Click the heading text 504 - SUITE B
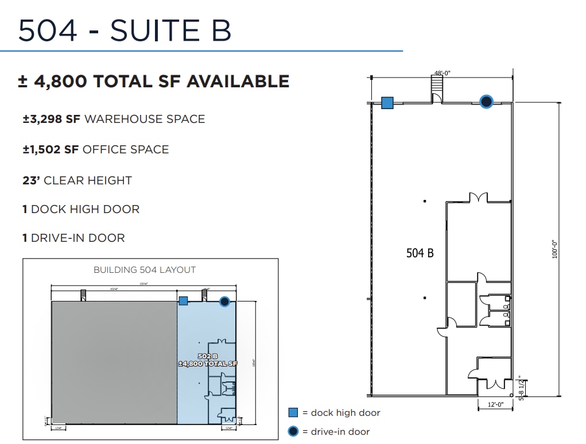pyautogui.click(x=125, y=30)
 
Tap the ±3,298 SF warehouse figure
pyautogui.click(x=52, y=119)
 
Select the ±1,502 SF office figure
pyautogui.click(x=51, y=150)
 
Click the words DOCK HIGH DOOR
pyautogui.click(x=85, y=209)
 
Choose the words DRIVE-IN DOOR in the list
pyautogui.click(x=78, y=238)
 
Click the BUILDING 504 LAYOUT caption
pyautogui.click(x=144, y=269)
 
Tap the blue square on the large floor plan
pyautogui.click(x=387, y=103)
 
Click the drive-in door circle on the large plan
pyautogui.click(x=486, y=102)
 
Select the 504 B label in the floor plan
pyautogui.click(x=420, y=253)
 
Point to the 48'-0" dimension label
pyautogui.click(x=442, y=73)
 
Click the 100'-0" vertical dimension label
pyautogui.click(x=555, y=249)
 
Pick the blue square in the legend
pyautogui.click(x=293, y=412)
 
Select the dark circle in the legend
pyautogui.click(x=293, y=431)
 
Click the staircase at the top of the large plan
pyautogui.click(x=437, y=87)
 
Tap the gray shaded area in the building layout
pyautogui.click(x=114, y=362)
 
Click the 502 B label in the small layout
pyautogui.click(x=207, y=356)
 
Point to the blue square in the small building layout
pyautogui.click(x=183, y=300)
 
